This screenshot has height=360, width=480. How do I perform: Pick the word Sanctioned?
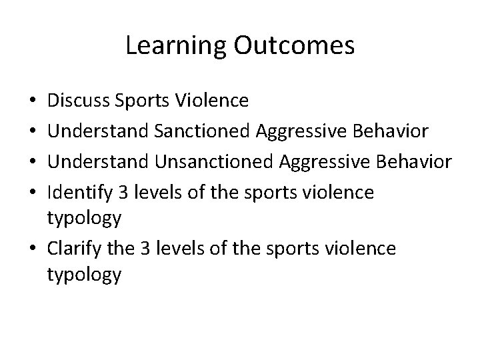click(201, 131)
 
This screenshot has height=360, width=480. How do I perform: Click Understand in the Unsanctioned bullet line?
click(101, 161)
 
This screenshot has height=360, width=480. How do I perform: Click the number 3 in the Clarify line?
click(142, 248)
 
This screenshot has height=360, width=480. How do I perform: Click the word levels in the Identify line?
click(153, 192)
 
